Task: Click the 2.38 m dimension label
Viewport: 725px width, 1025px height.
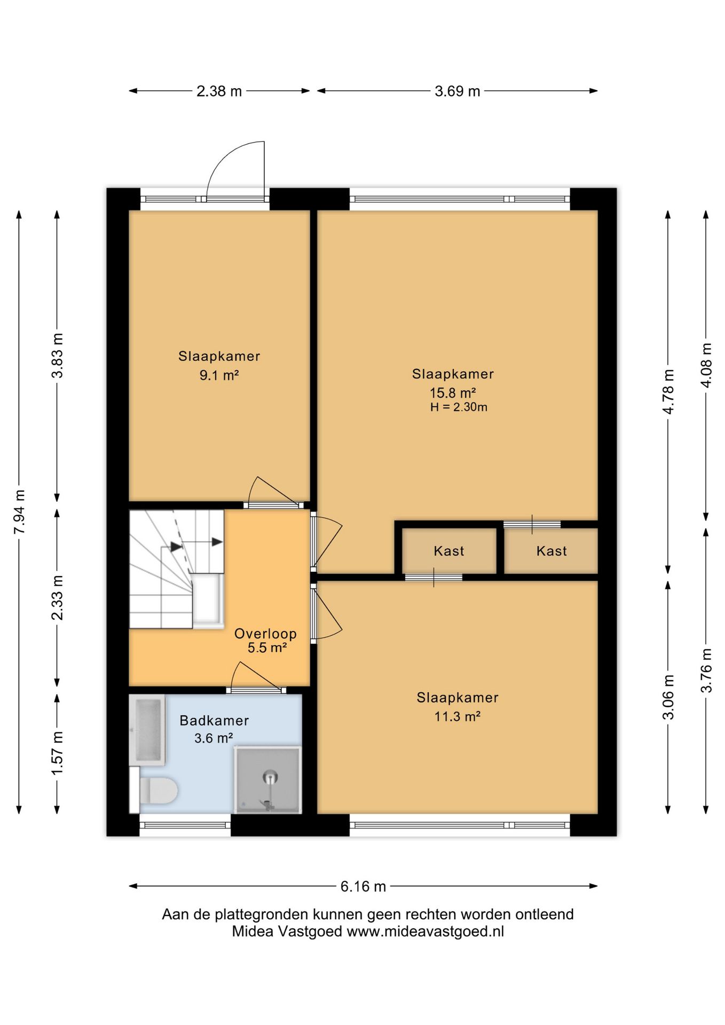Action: pyautogui.click(x=219, y=91)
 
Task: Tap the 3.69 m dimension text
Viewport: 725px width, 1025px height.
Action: pyautogui.click(x=457, y=91)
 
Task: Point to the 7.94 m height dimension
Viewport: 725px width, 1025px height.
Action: pyautogui.click(x=19, y=511)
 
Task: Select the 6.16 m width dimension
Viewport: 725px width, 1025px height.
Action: pyautogui.click(x=363, y=886)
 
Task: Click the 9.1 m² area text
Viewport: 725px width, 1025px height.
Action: pyautogui.click(x=219, y=375)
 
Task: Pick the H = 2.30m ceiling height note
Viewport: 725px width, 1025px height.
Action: pyautogui.click(x=459, y=407)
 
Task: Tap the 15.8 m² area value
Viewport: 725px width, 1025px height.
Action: pyautogui.click(x=453, y=393)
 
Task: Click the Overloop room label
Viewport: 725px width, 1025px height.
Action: pyautogui.click(x=265, y=634)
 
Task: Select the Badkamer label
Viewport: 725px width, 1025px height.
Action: pyautogui.click(x=214, y=721)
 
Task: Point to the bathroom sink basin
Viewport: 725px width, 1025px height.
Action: pyautogui.click(x=147, y=730)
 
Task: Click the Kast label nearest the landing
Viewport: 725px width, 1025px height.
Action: pyautogui.click(x=449, y=551)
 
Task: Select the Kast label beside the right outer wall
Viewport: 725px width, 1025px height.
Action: pyautogui.click(x=551, y=551)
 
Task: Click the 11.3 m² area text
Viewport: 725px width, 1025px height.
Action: pyautogui.click(x=458, y=716)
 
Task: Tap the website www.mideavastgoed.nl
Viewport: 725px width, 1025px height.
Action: pyautogui.click(x=425, y=932)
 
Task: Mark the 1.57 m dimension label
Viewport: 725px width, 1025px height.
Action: pyautogui.click(x=57, y=753)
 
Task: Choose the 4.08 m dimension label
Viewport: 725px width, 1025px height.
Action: pyautogui.click(x=706, y=365)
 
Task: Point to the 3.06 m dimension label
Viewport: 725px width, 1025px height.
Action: pyautogui.click(x=668, y=697)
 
